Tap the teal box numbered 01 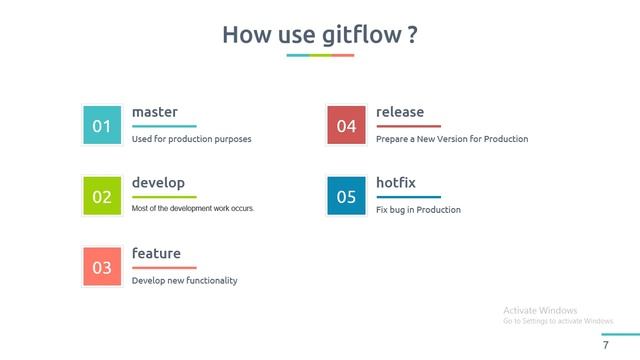(102, 126)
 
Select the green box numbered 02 (102, 197)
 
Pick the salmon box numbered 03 (102, 267)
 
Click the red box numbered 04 (346, 126)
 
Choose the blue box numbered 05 (346, 197)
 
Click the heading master (154, 112)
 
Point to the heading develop (158, 183)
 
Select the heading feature (156, 254)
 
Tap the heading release (400, 112)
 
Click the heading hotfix (395, 183)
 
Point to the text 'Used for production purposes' (191, 139)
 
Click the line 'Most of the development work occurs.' (193, 209)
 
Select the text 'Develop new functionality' (184, 281)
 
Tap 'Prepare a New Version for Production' (452, 139)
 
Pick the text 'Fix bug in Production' (418, 210)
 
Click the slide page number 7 (605, 345)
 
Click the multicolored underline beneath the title (320, 55)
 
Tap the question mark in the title (412, 36)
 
